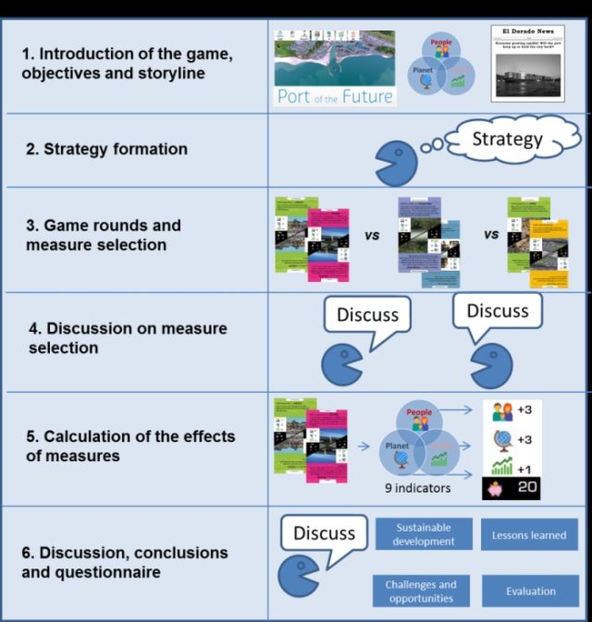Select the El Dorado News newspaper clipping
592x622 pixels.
[x=528, y=64]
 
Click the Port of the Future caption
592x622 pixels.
[x=335, y=96]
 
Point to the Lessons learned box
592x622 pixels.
[x=529, y=534]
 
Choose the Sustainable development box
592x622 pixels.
[x=423, y=534]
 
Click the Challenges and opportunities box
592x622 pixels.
[x=421, y=591]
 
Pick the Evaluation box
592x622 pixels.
[x=530, y=591]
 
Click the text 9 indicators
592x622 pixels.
[x=418, y=486]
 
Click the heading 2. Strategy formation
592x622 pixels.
[x=105, y=149]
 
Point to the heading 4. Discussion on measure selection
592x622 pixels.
[x=125, y=337]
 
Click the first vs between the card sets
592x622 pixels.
[x=372, y=235]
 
